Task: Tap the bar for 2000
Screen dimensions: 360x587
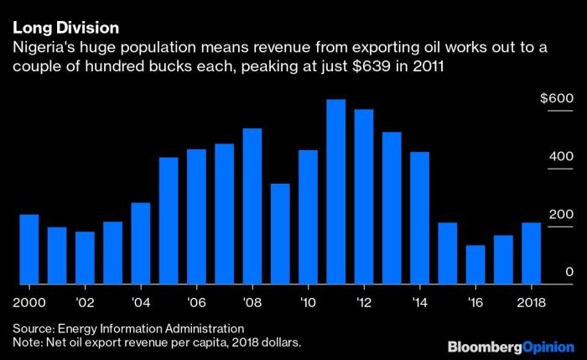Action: (29, 248)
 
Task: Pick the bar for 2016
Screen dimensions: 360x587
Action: (475, 264)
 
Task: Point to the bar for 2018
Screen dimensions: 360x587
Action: (531, 253)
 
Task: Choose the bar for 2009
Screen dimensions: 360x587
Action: (280, 233)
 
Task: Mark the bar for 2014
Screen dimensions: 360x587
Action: (419, 217)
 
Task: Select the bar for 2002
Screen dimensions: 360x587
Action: (85, 257)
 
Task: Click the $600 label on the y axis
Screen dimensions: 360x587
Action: (556, 98)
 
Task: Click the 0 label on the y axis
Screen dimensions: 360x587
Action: (569, 272)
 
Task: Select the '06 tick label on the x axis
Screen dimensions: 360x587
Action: (196, 300)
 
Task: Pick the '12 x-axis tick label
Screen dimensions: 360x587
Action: (363, 300)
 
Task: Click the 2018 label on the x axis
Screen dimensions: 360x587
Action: (531, 300)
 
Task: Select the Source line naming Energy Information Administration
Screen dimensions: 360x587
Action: (128, 328)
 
